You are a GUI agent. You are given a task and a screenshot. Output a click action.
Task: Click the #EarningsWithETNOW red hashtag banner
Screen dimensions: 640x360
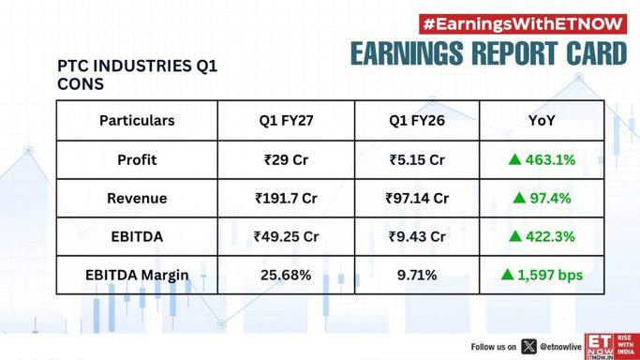pos(523,24)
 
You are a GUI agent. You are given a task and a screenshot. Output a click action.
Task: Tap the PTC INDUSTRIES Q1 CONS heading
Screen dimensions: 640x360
pos(137,75)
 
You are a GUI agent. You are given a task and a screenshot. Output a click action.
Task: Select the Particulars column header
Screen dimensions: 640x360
pos(137,120)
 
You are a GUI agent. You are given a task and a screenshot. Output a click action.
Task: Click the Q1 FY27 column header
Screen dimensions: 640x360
pos(286,120)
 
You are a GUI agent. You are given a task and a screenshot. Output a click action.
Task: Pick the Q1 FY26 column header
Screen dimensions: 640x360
pos(417,120)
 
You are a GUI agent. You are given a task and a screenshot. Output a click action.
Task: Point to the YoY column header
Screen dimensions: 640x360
pos(542,120)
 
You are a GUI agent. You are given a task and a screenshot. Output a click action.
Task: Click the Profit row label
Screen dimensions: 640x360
pos(137,159)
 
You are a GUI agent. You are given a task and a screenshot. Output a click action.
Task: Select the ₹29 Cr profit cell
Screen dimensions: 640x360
pos(286,159)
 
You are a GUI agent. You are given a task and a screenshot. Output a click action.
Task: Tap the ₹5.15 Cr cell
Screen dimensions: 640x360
pos(417,159)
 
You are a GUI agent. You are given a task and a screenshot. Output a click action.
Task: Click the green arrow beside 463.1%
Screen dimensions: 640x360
pos(515,159)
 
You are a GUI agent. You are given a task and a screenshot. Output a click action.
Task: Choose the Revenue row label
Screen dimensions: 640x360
pos(137,198)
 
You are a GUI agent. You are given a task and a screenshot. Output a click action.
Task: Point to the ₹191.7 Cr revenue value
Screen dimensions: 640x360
pos(286,198)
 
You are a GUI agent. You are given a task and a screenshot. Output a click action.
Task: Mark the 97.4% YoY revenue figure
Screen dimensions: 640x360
pos(550,198)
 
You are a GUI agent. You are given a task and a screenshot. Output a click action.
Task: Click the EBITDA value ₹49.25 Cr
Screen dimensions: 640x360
pos(286,236)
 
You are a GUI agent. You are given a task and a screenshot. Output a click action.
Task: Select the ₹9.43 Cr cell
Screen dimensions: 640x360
pos(417,236)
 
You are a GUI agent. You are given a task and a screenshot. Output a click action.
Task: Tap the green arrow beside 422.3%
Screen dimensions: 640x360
pos(515,236)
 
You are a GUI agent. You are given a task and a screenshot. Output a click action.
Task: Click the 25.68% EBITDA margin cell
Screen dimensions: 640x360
pos(286,275)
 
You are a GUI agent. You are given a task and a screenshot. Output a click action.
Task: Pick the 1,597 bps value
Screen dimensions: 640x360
pos(550,275)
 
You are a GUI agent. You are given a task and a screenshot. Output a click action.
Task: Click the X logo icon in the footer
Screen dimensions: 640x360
pos(528,347)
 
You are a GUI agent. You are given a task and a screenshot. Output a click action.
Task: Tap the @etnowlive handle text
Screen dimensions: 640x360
pos(560,347)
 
